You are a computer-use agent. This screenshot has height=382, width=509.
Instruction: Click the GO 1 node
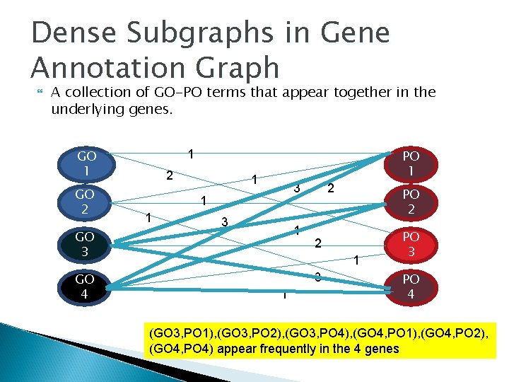(87, 164)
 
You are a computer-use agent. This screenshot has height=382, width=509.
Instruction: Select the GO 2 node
(87, 202)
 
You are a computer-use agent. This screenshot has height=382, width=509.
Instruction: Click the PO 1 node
(411, 164)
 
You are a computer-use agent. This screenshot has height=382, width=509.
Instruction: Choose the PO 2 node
(411, 202)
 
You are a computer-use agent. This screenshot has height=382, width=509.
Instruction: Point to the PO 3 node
(411, 244)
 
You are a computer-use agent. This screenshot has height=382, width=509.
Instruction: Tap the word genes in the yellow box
(381, 348)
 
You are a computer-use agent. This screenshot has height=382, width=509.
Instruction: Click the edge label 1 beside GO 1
(191, 154)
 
